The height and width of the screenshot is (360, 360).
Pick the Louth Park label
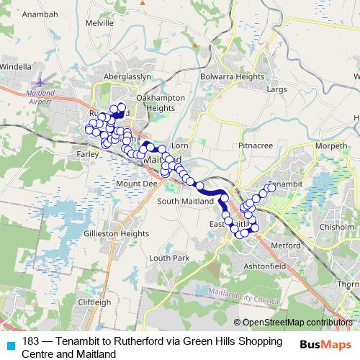click(169, 258)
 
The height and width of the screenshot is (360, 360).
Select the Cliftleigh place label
click(94, 302)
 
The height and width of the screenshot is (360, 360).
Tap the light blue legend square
click(10, 343)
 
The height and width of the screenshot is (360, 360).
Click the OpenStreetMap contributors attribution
click(297, 323)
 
